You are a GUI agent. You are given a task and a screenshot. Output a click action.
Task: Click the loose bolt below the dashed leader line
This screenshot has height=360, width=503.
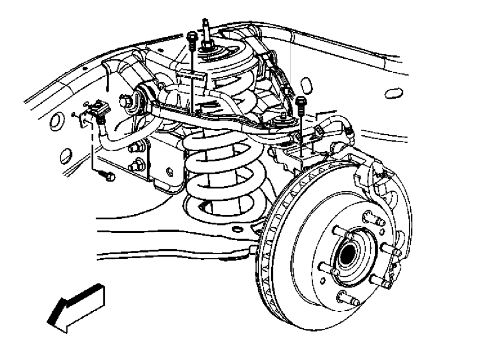pyautogui.click(x=107, y=176)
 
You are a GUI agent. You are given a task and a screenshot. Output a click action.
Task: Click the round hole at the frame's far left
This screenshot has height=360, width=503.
pyautogui.click(x=54, y=121)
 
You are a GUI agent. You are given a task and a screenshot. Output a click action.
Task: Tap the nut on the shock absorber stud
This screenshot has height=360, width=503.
pyautogui.click(x=207, y=45)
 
